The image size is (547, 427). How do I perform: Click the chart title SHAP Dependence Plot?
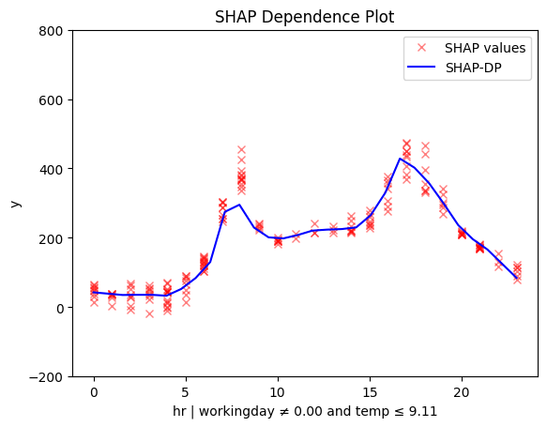coord(304,17)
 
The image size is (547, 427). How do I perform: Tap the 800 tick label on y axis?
coord(51,31)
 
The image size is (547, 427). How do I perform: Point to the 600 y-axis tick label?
coord(51,100)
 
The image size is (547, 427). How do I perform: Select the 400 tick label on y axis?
coord(51,170)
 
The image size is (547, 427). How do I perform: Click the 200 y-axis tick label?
coord(51,239)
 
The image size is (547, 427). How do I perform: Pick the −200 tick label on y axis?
coord(46,377)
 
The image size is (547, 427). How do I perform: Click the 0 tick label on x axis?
coord(94,393)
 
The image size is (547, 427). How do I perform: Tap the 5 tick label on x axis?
coord(186,393)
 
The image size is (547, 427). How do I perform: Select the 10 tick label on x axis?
coord(278,393)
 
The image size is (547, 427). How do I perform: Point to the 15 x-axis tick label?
coord(370,393)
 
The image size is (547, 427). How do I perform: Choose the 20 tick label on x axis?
coord(462,393)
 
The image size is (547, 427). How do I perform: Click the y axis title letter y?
coord(16,204)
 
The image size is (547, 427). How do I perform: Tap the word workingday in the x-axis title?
coord(236,412)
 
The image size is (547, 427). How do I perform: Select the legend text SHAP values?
coord(485,48)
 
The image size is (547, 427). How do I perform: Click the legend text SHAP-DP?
coord(474,68)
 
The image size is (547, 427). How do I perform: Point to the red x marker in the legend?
coord(421,48)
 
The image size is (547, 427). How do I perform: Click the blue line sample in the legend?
coord(421,67)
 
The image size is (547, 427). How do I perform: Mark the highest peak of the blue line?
coord(400,159)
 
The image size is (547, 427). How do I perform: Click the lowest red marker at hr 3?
coord(150,314)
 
